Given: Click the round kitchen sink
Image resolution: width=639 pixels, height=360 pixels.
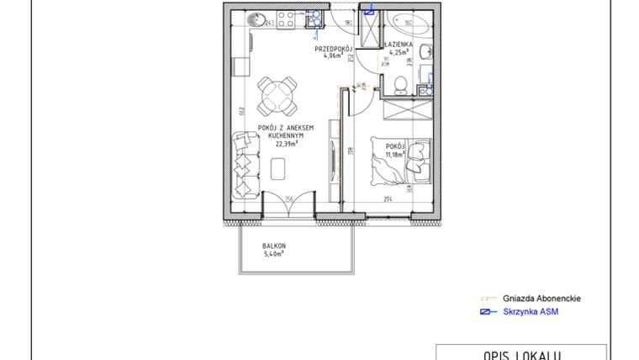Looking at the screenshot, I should pyautogui.click(x=258, y=20).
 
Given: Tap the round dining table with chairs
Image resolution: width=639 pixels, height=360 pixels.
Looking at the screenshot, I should pyautogui.click(x=277, y=96).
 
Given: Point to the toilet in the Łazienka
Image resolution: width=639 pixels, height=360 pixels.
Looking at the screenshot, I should pyautogui.click(x=402, y=84).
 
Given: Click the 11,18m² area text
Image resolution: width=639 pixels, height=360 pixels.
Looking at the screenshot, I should pyautogui.click(x=395, y=154).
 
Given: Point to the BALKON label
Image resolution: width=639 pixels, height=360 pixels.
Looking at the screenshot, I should pyautogui.click(x=272, y=245).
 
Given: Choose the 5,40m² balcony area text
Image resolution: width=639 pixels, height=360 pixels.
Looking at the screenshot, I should pyautogui.click(x=272, y=252).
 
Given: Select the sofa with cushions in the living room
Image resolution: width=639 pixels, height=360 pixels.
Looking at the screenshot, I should pyautogui.click(x=245, y=167).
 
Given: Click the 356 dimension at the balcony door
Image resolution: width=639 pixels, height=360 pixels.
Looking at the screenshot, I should pyautogui.click(x=288, y=199).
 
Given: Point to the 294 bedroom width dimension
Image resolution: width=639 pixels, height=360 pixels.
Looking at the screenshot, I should pyautogui.click(x=388, y=199).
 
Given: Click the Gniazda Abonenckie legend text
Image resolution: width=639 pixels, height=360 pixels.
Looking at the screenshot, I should pyautogui.click(x=541, y=299).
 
